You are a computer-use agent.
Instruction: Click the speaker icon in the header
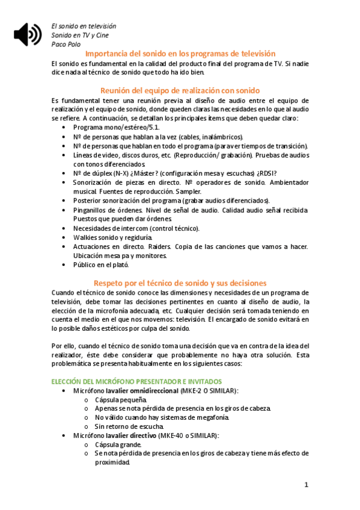[28, 34]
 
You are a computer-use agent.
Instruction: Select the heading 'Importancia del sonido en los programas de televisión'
[180, 54]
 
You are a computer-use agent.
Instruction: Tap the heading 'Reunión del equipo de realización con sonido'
[180, 90]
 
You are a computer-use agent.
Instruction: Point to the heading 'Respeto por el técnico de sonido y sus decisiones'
[180, 283]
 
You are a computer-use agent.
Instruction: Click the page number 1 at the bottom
[306, 485]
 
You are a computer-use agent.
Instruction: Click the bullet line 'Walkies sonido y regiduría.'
[113, 238]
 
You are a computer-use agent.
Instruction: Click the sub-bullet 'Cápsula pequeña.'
[120, 399]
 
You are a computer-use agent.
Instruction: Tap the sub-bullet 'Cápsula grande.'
[118, 444]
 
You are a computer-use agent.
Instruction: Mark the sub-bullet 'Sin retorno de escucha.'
[129, 426]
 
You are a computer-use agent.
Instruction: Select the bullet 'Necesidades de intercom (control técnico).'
[136, 229]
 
